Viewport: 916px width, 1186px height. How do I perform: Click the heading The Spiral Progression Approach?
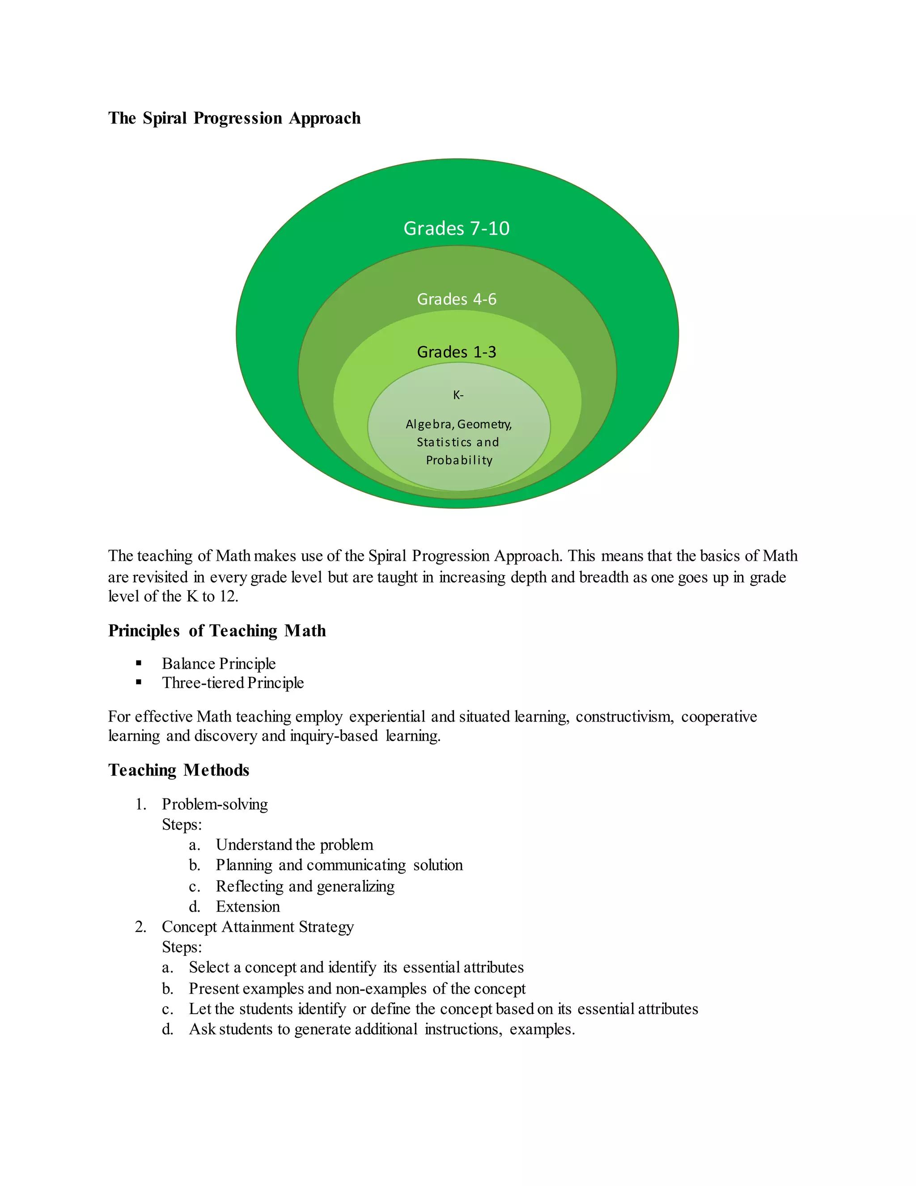(x=234, y=119)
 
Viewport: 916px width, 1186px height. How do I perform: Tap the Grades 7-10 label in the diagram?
(x=456, y=228)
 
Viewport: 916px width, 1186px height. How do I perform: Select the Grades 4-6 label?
(x=456, y=299)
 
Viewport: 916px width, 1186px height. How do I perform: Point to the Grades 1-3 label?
(x=456, y=352)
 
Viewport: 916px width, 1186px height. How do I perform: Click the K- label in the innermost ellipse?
(x=458, y=395)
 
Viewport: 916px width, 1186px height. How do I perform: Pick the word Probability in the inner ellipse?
(x=459, y=461)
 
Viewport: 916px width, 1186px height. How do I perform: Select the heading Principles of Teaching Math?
(x=216, y=631)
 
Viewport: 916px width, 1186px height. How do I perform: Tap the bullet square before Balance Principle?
(x=139, y=663)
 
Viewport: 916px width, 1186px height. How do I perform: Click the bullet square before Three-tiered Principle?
(x=139, y=682)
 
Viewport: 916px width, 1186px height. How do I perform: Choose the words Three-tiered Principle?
(x=232, y=683)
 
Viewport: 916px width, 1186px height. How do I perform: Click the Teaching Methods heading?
(x=178, y=770)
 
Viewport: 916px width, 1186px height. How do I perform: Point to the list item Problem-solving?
(x=214, y=804)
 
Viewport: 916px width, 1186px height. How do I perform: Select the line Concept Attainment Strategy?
(x=257, y=926)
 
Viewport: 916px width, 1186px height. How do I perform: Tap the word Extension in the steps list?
(x=247, y=906)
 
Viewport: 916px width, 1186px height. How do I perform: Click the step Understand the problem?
(x=294, y=845)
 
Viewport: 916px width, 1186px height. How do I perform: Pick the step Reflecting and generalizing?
(x=305, y=886)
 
